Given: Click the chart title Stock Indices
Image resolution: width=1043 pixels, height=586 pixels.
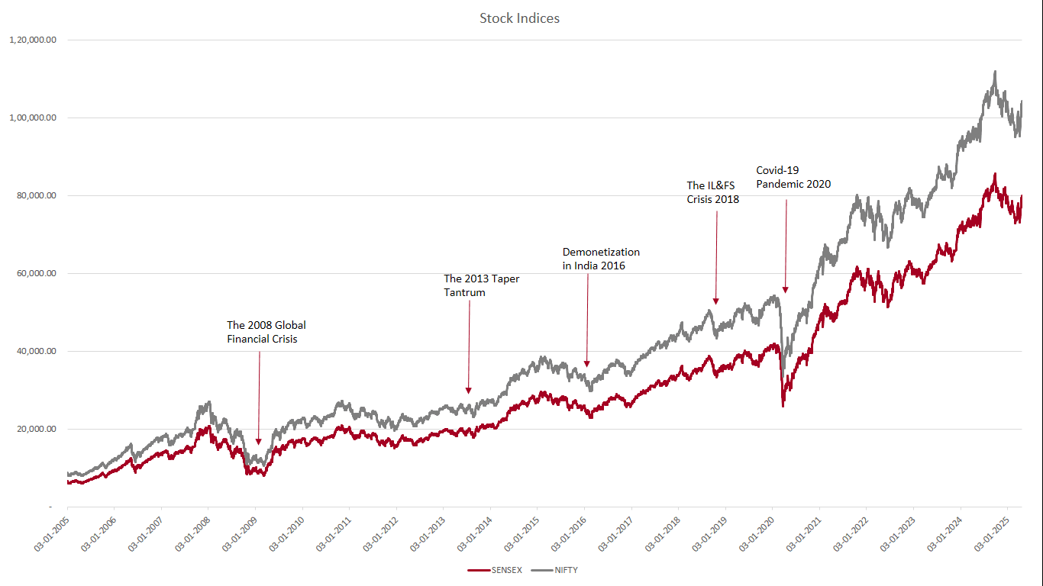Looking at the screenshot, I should [x=519, y=18].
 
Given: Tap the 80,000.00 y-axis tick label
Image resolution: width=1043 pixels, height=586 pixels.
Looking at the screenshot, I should [x=36, y=195].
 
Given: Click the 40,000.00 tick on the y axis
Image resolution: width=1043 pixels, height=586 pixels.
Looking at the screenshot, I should [x=36, y=351].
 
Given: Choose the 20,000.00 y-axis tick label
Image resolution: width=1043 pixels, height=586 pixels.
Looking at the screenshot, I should [x=36, y=429].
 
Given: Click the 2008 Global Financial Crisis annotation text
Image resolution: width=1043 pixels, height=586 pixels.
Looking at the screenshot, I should [x=266, y=332].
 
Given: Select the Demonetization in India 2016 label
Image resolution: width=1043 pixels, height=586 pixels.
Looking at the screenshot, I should [x=601, y=259].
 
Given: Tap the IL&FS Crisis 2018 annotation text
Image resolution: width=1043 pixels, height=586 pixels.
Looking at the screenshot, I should [x=712, y=192].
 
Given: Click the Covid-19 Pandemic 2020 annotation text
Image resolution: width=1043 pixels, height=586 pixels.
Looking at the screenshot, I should [x=793, y=177].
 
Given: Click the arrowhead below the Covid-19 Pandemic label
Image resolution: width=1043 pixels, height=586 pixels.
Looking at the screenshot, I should [x=785, y=289].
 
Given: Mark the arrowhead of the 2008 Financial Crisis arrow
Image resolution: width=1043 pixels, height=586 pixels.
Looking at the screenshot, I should [x=258, y=441].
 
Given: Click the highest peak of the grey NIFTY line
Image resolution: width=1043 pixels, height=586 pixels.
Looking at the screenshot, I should [x=995, y=72].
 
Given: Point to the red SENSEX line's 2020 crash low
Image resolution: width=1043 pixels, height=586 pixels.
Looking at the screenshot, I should [x=783, y=405].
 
